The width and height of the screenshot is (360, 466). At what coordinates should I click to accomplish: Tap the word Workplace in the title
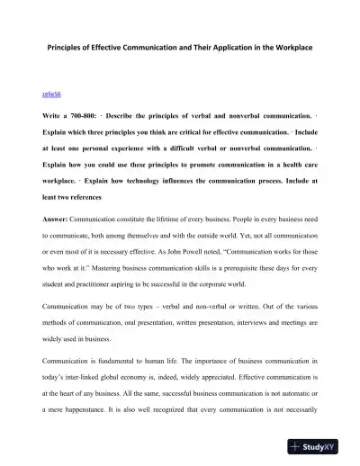pyautogui.click(x=299, y=47)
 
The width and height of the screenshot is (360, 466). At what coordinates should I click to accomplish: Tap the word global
pyautogui.click(x=123, y=383)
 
